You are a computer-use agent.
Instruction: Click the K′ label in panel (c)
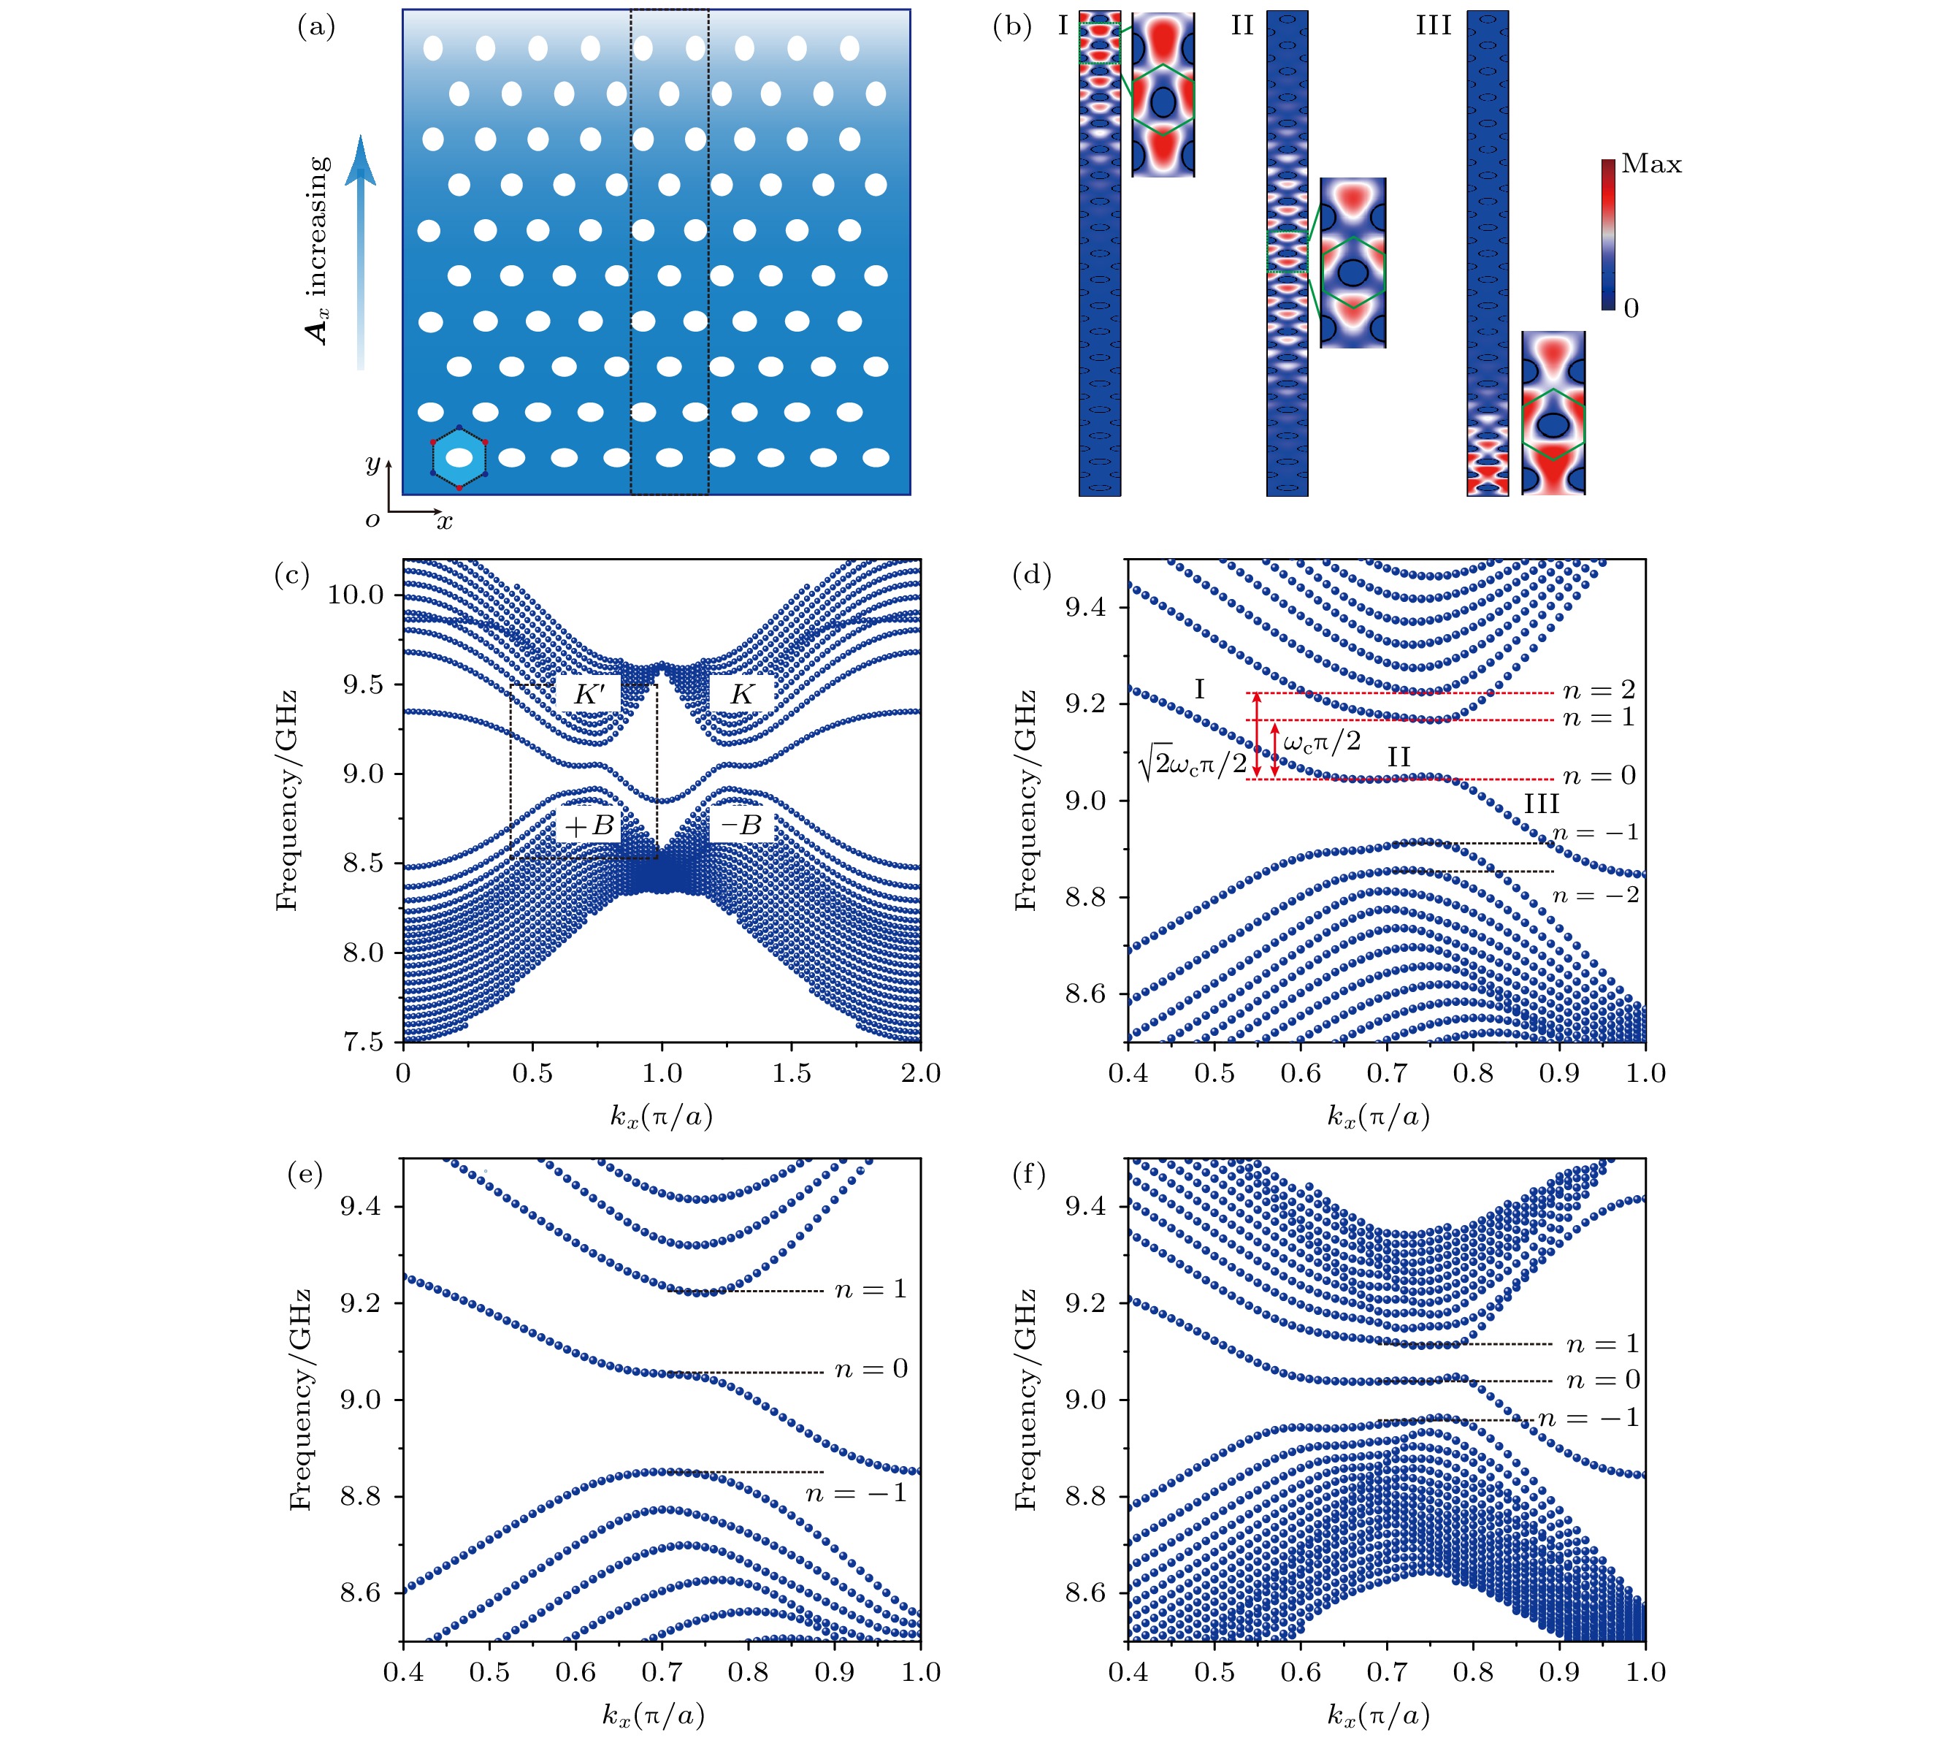point(588,694)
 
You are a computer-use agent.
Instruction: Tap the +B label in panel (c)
point(588,825)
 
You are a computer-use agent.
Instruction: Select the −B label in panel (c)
point(741,825)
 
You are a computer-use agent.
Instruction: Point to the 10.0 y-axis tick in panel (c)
point(355,595)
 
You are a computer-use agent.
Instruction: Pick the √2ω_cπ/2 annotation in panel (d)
point(1192,763)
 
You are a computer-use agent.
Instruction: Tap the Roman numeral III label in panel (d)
point(1542,803)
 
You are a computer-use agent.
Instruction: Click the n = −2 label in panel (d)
point(1595,896)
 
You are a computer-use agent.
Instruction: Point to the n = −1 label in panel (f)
point(1588,1419)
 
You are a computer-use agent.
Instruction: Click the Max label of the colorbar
point(1650,164)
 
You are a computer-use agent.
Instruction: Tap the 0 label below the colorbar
point(1631,308)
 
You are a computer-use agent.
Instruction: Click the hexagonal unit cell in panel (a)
point(459,458)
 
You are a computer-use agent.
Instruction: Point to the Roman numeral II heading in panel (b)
point(1242,26)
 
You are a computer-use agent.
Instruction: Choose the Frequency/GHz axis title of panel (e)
point(301,1399)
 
